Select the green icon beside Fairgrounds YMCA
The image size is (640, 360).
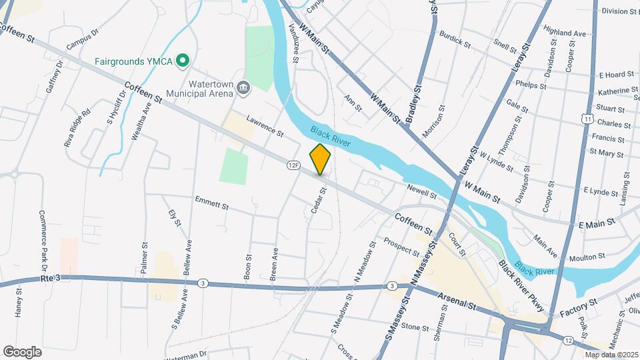pyautogui.click(x=182, y=61)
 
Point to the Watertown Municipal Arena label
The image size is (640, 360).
pyautogui.click(x=201, y=89)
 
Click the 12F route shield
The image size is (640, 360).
pyautogui.click(x=293, y=164)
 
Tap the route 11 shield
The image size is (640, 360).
pyautogui.click(x=587, y=118)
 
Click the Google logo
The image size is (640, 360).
pyautogui.click(x=22, y=352)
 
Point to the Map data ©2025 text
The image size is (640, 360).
pyautogui.click(x=611, y=354)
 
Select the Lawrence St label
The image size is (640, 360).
pyautogui.click(x=265, y=125)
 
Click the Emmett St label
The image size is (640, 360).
pyautogui.click(x=211, y=203)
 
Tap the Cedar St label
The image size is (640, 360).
pyautogui.click(x=319, y=200)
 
